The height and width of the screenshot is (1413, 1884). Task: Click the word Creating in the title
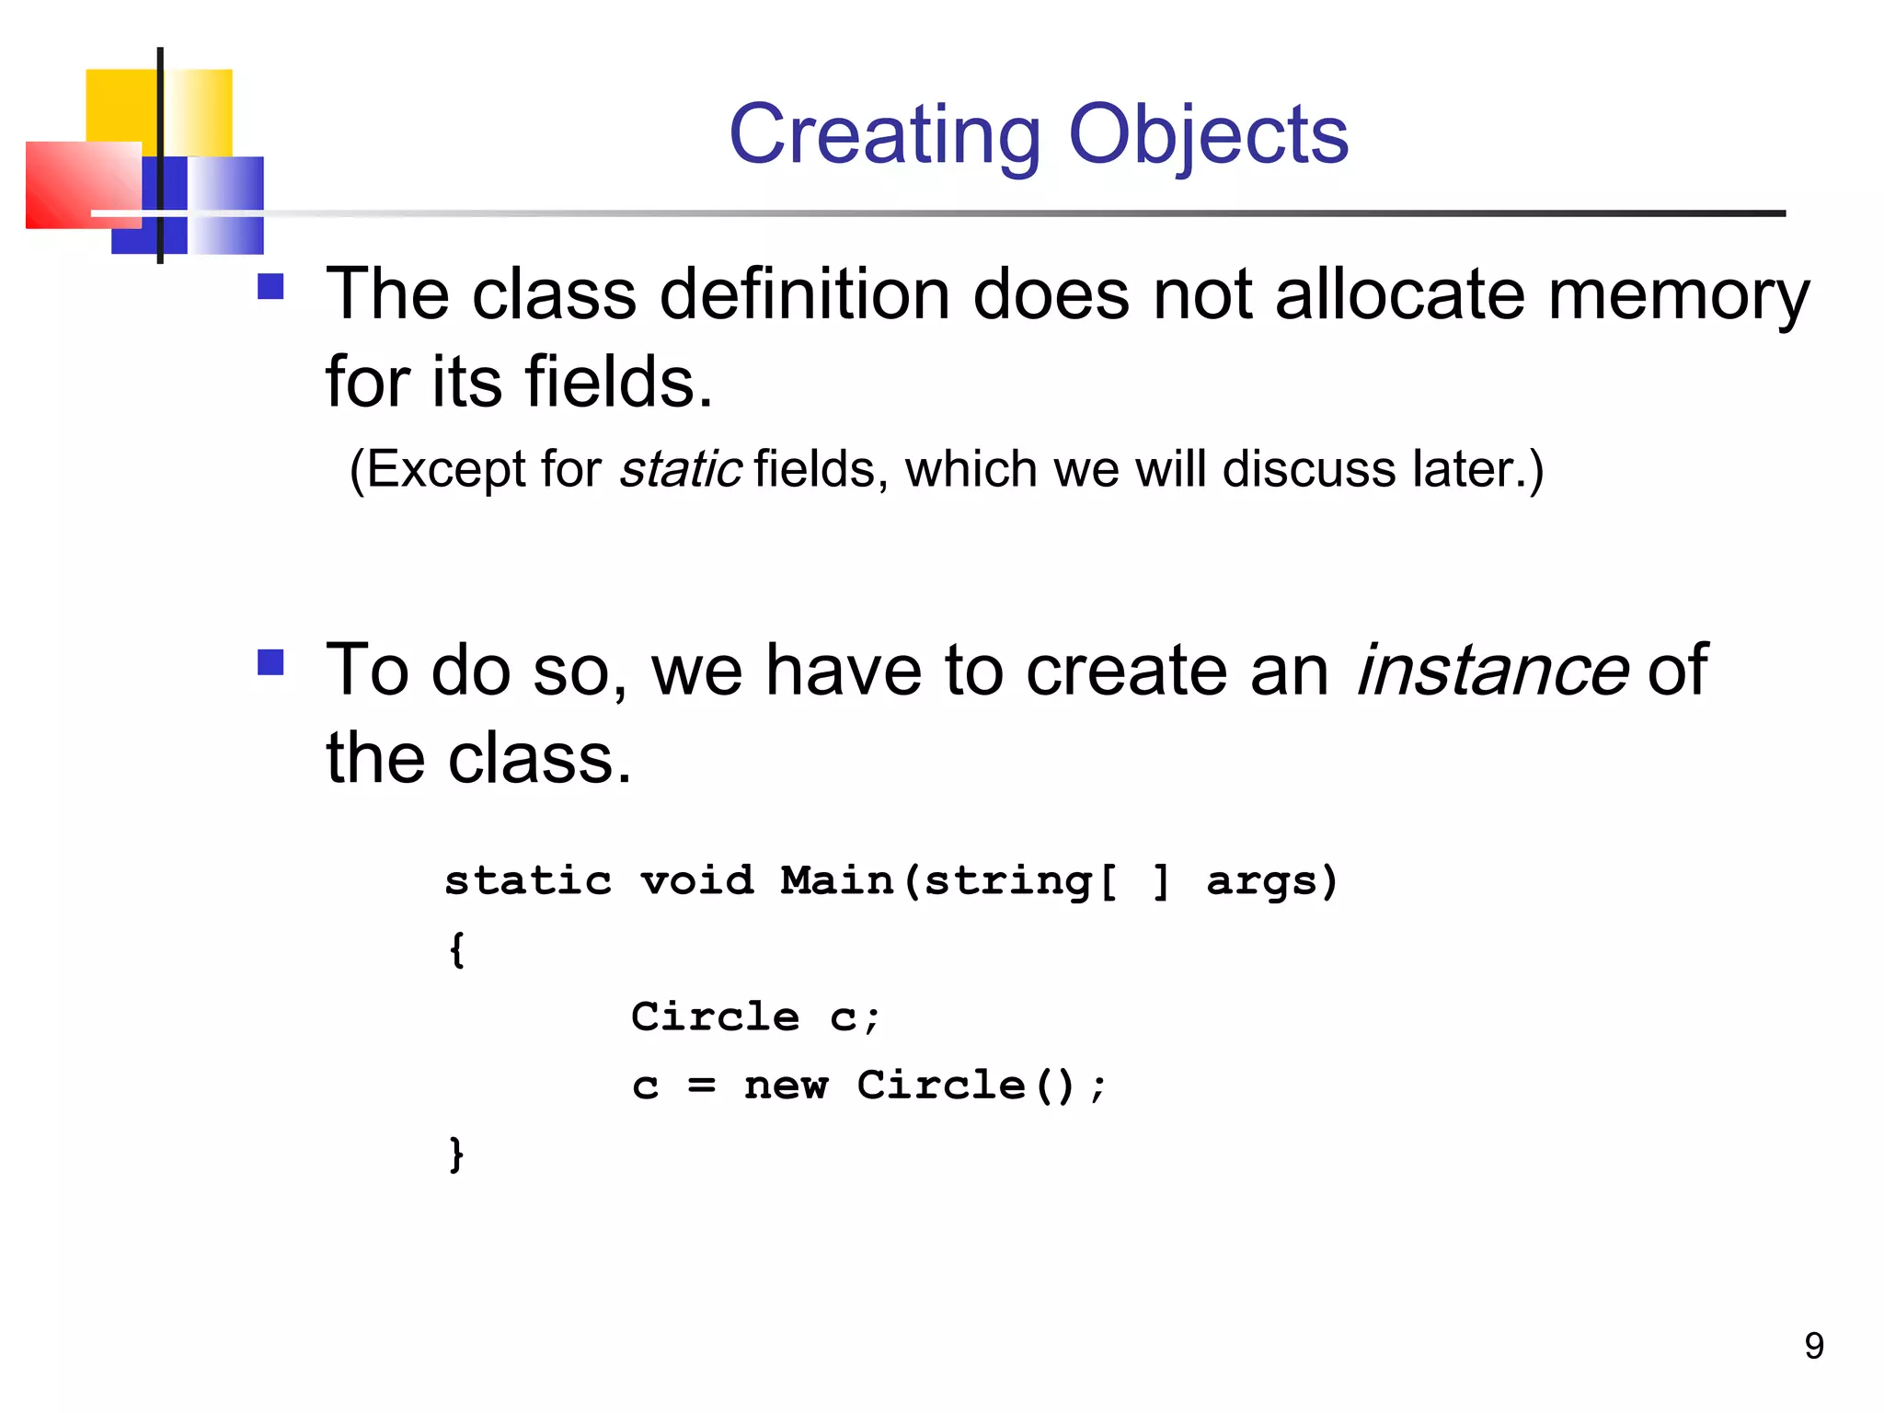(x=884, y=136)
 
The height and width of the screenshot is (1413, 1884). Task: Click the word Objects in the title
(x=1208, y=136)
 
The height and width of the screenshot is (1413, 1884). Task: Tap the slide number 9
(x=1813, y=1346)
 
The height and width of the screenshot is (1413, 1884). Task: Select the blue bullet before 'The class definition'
(x=270, y=287)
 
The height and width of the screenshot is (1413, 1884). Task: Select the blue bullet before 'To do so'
(x=270, y=662)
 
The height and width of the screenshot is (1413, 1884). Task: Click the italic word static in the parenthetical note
(x=680, y=469)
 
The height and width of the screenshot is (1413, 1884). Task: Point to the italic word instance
(x=1491, y=670)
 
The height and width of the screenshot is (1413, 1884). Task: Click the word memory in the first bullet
(x=1679, y=296)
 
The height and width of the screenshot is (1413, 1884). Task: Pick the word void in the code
(x=696, y=880)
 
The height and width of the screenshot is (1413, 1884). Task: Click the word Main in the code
(x=836, y=880)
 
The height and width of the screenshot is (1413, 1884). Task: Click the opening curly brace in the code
(x=456, y=949)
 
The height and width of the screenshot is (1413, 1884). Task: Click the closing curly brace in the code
(x=456, y=1154)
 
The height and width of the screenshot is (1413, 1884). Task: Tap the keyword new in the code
(x=786, y=1086)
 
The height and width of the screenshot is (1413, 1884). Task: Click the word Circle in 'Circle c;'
(x=715, y=1017)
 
